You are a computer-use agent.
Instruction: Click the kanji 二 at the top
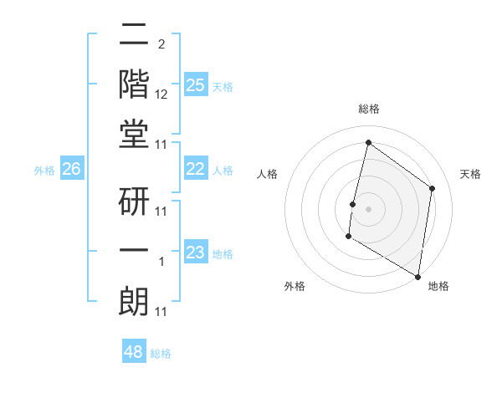pos(134,37)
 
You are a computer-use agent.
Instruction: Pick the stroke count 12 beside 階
pos(161,94)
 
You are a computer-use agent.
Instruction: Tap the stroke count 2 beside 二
pos(161,43)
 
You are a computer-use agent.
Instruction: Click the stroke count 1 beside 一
pos(161,262)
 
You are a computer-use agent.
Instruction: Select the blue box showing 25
pos(195,84)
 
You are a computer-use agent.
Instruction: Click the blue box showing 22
pos(195,169)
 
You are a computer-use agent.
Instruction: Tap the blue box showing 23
pos(195,253)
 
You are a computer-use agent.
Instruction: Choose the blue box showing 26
pos(71,169)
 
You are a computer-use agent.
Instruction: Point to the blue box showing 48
pos(133,352)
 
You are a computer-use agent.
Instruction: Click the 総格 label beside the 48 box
pos(161,354)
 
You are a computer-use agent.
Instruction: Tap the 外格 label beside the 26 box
pos(44,171)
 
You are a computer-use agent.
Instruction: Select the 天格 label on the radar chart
pos(470,175)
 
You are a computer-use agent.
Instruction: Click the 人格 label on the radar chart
pos(268,175)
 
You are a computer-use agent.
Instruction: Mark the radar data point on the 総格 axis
pos(368,143)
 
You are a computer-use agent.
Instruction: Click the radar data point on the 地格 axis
pos(417,276)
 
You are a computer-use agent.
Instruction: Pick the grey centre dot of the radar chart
pos(368,209)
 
